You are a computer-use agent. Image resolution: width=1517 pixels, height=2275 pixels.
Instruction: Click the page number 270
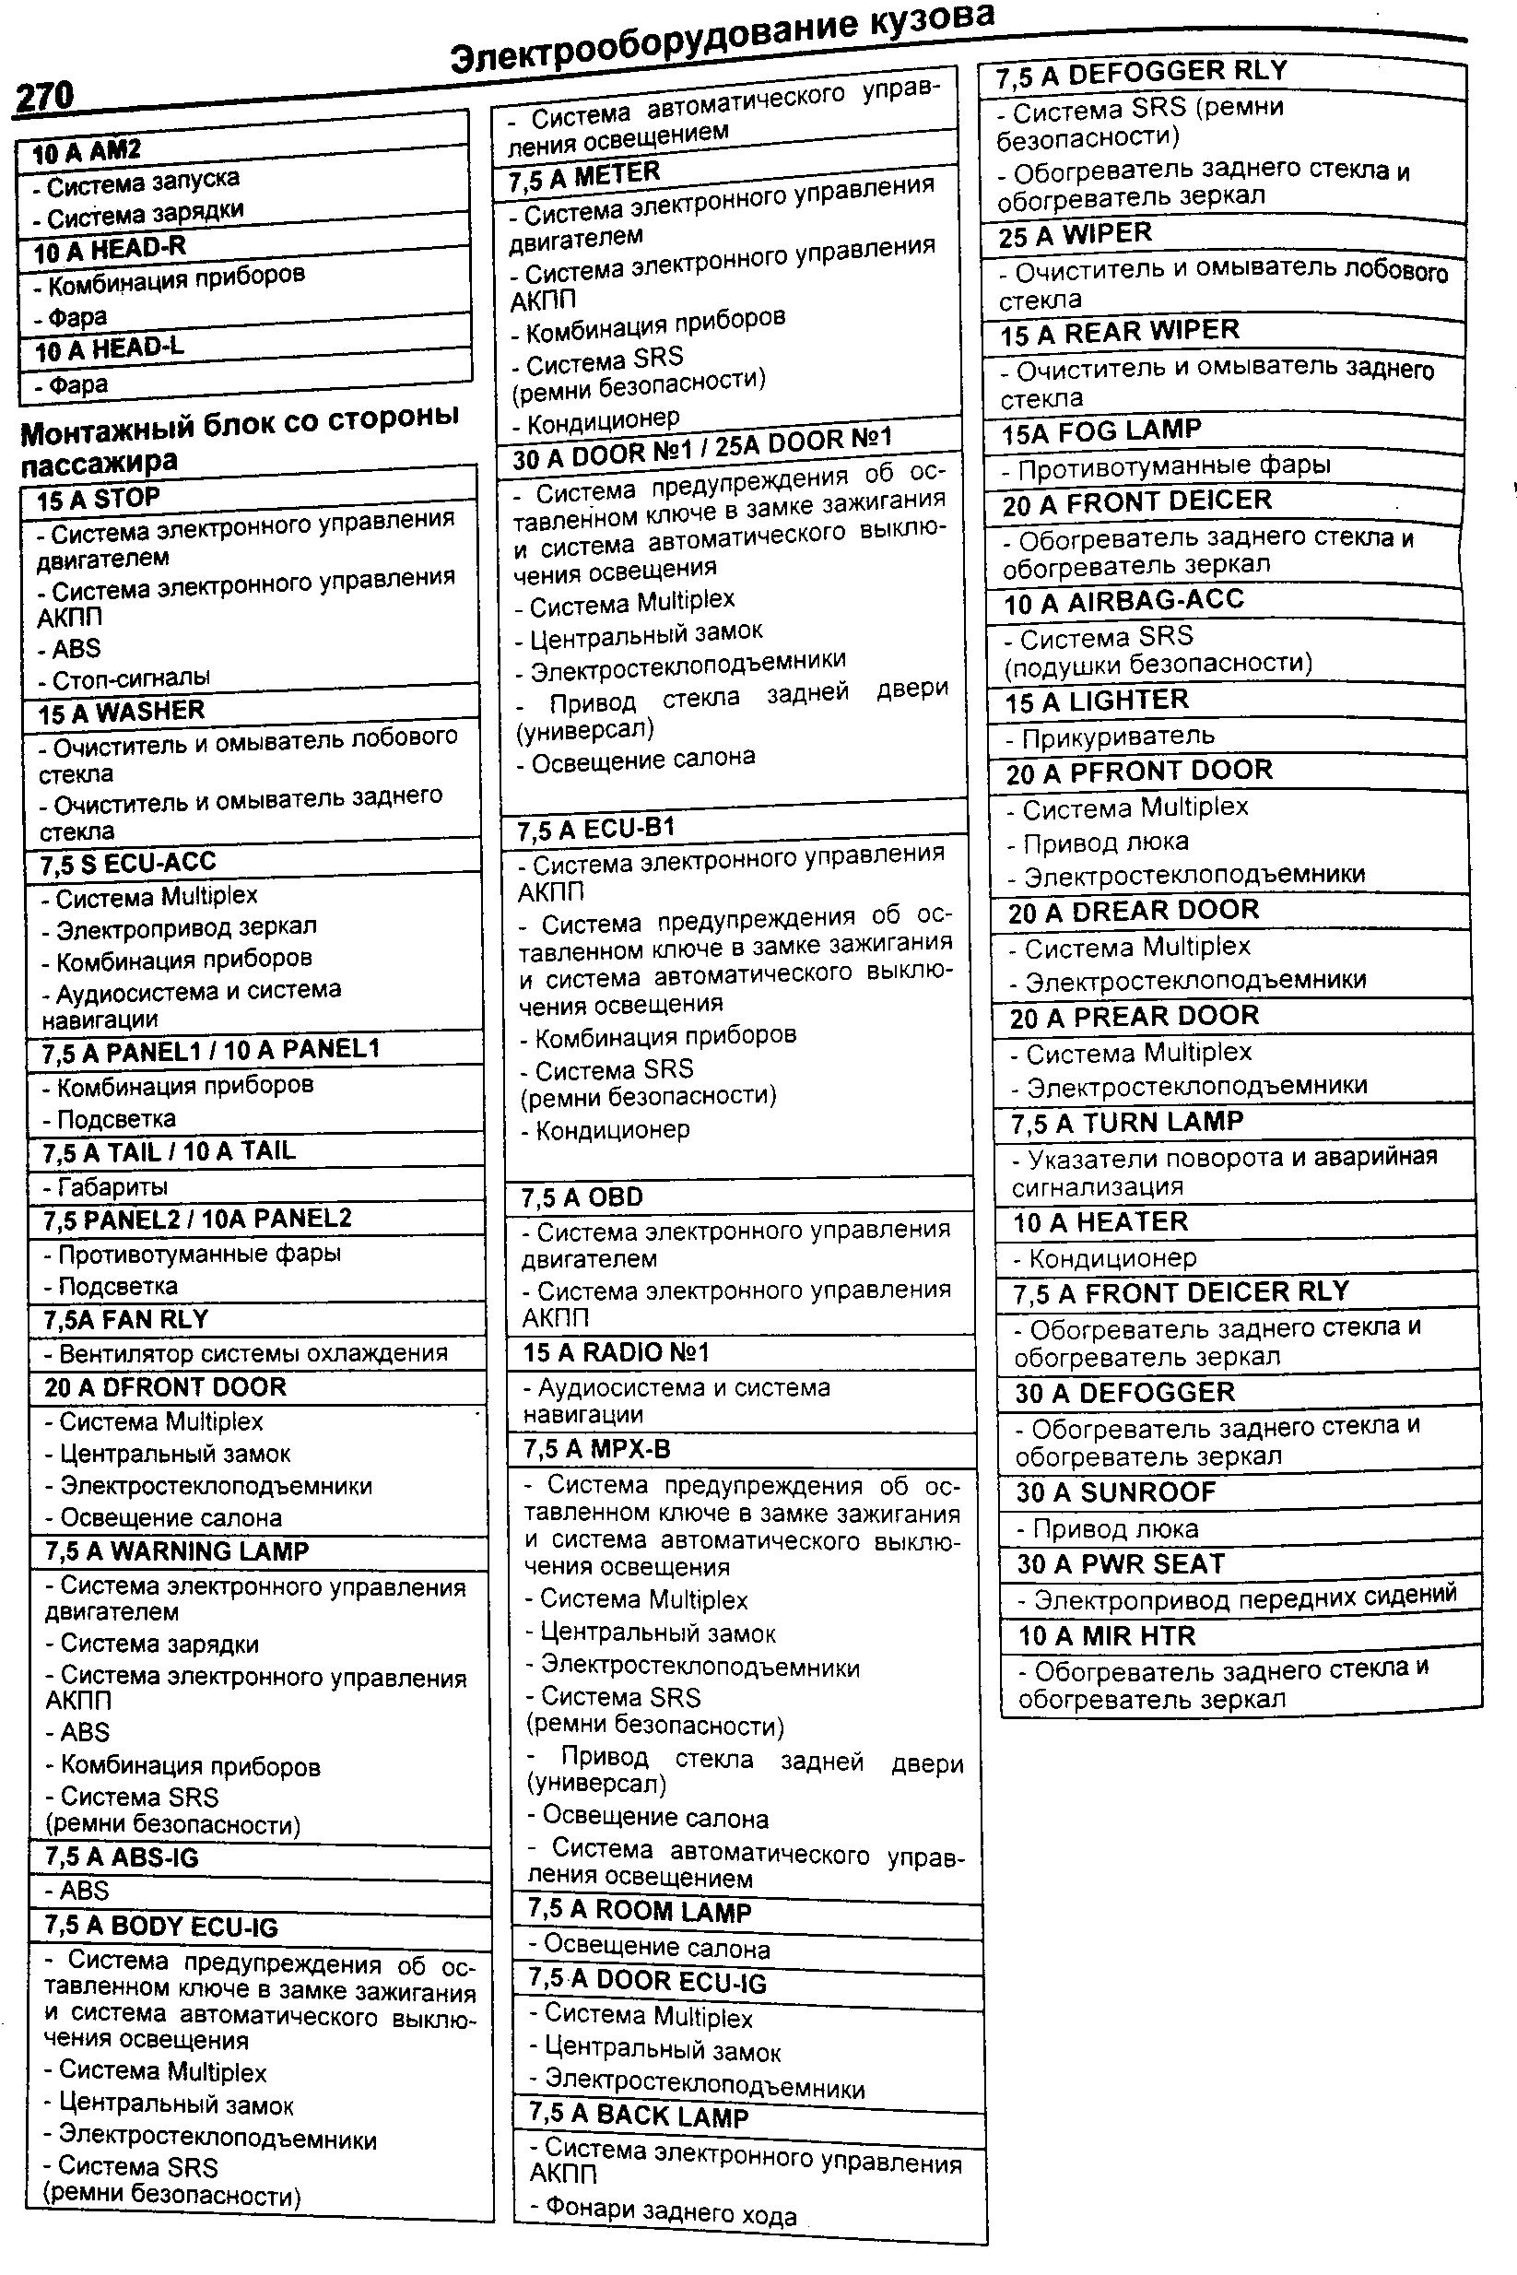(x=44, y=98)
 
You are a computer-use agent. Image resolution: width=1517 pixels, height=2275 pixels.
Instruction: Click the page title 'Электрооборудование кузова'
(x=723, y=41)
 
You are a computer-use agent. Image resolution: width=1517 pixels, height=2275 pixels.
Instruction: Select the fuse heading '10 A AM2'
(x=87, y=152)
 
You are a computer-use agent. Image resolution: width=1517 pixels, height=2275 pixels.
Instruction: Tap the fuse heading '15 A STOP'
(x=98, y=500)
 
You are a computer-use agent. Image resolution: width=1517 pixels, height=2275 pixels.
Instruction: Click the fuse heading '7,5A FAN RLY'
(x=125, y=1320)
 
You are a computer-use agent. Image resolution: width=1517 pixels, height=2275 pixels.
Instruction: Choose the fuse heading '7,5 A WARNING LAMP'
(x=176, y=1551)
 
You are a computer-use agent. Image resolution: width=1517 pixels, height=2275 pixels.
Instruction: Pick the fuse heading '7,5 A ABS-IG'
(x=121, y=1857)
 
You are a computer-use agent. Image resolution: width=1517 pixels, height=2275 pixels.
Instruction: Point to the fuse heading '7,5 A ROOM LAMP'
(x=639, y=1911)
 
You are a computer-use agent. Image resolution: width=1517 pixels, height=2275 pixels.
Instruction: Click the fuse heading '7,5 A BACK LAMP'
(x=639, y=2116)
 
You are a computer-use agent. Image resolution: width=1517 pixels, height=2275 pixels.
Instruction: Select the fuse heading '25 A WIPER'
(x=1075, y=235)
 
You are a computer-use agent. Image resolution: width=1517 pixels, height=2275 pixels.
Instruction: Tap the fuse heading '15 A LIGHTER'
(x=1096, y=701)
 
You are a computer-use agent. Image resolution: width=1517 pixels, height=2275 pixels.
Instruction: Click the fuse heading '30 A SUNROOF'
(x=1115, y=1492)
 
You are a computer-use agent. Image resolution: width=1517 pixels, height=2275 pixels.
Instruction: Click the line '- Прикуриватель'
(x=1110, y=737)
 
